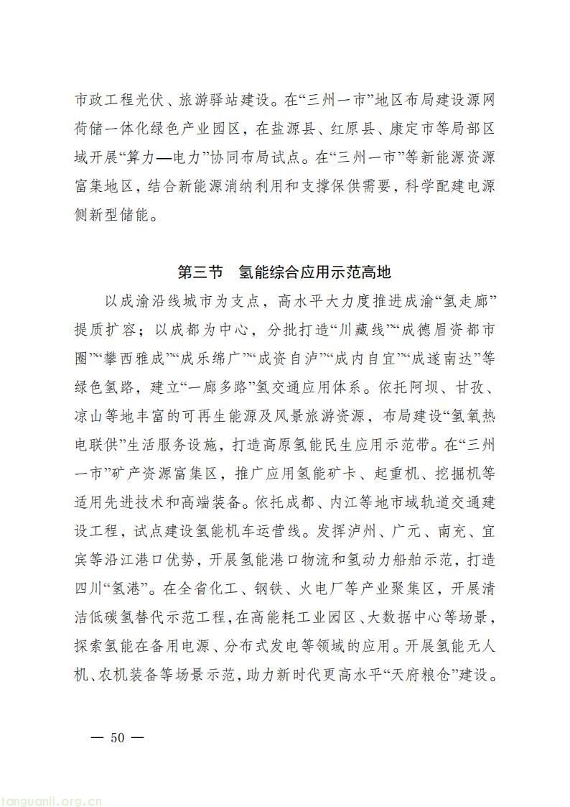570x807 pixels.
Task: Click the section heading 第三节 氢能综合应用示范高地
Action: point(284,273)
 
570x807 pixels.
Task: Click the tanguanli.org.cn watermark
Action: point(50,796)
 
